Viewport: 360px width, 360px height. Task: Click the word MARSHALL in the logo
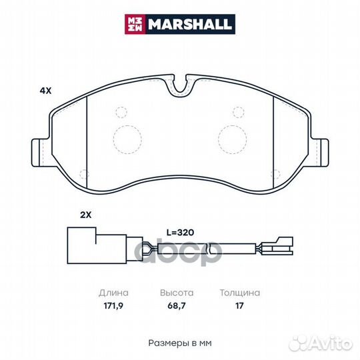click(x=190, y=24)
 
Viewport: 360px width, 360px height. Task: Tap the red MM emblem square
click(x=135, y=24)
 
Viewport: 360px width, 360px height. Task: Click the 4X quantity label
click(x=45, y=91)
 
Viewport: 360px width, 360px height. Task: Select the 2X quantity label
click(x=85, y=215)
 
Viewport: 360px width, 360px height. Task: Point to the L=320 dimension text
click(x=180, y=233)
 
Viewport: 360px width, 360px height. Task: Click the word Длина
click(x=113, y=293)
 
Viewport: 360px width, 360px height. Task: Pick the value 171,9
click(x=113, y=306)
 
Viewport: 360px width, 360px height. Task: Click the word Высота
click(x=177, y=293)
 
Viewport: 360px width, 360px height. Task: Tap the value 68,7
click(x=177, y=306)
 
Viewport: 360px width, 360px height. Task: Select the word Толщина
click(x=240, y=293)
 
